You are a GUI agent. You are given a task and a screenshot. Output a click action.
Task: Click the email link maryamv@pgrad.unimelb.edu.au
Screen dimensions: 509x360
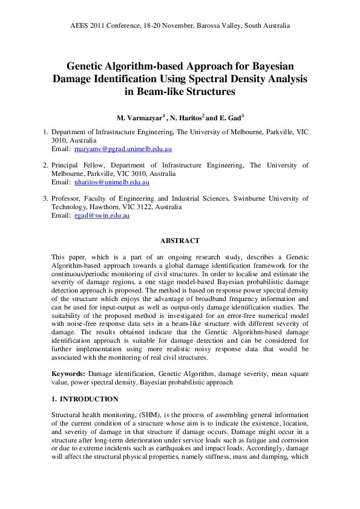pos(127,149)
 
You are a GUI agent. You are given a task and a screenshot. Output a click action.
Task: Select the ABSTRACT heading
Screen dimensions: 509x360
pos(180,241)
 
